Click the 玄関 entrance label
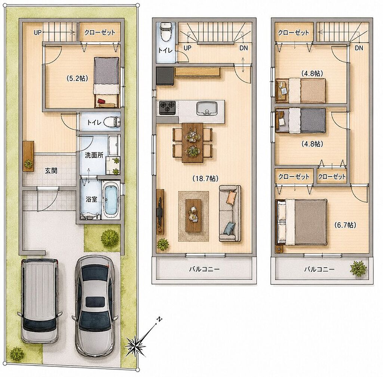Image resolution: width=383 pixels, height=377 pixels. point(51,171)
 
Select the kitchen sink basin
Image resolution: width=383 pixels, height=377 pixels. point(207,109)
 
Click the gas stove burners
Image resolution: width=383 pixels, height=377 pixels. point(168,108)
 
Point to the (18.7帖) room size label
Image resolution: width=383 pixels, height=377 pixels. point(205,179)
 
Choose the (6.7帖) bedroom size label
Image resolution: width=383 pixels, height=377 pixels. point(345,225)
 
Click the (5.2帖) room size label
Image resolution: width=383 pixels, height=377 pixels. point(77,78)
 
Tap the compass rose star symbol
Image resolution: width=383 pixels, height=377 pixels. point(135,345)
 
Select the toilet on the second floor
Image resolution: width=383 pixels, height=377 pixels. point(166,32)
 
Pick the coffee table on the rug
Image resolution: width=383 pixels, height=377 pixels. point(193,216)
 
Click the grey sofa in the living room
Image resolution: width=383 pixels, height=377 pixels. point(230,213)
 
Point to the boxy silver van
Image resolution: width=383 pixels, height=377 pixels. point(39,301)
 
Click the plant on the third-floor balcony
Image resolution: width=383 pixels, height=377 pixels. point(358,268)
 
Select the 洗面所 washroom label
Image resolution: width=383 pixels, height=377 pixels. point(94,155)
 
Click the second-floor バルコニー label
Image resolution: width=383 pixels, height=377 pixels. point(205,269)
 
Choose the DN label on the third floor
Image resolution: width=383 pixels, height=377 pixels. point(359,48)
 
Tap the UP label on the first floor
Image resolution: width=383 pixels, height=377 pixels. point(38,32)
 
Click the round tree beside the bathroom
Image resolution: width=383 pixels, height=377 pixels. point(110,238)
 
